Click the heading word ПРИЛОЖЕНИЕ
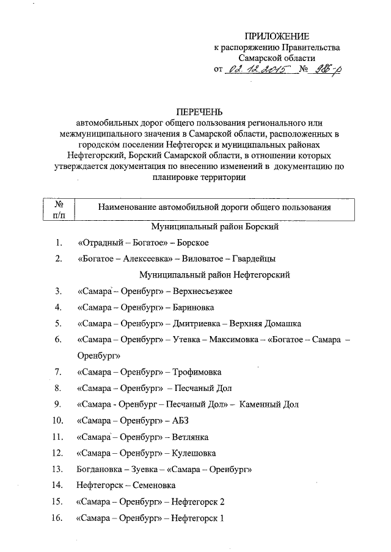tap(276, 37)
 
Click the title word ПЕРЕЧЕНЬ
tap(200, 112)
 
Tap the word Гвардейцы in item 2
tap(255, 259)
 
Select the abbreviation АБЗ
tap(182, 420)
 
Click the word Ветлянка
tap(191, 437)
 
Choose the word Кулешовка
tap(194, 453)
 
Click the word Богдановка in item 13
tap(101, 469)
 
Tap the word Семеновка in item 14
tap(154, 486)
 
